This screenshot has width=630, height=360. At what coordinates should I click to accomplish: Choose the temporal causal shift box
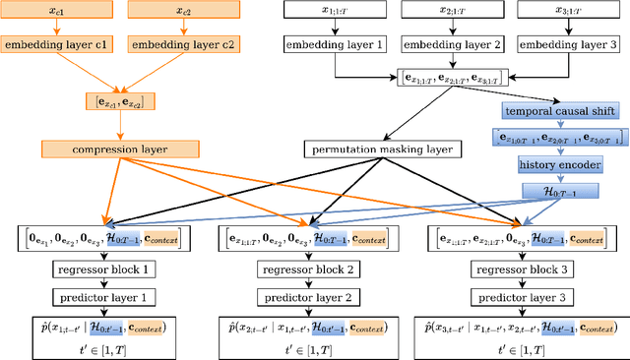click(560, 111)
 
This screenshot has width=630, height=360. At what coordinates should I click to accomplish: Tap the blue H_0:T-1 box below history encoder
click(560, 192)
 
